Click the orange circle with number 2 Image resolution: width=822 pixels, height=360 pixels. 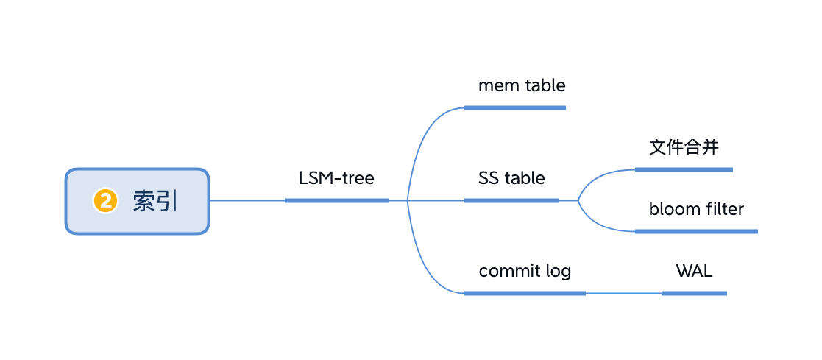coord(105,202)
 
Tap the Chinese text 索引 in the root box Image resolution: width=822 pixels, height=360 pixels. coord(155,202)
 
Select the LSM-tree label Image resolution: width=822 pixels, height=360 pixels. coord(336,178)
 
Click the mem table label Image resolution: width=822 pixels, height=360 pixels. coord(522,85)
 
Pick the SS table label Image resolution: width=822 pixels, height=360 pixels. coord(511,178)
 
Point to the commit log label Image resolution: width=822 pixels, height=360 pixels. coord(525,272)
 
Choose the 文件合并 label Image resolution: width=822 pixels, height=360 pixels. coord(684,147)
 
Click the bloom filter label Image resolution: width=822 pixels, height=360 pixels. coord(696,209)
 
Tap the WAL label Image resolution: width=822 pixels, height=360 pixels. coord(694,272)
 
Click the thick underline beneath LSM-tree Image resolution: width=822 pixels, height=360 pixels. coord(336,200)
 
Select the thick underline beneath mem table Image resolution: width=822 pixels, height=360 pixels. coord(515,107)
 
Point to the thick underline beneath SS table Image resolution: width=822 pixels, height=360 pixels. coord(511,200)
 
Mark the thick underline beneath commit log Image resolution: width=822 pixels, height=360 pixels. coord(525,293)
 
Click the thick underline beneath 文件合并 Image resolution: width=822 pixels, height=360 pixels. coord(684,169)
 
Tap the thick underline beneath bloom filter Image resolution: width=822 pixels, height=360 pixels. coord(696,231)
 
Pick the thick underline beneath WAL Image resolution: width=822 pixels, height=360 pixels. coord(694,293)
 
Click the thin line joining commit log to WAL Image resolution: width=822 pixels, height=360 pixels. coord(624,293)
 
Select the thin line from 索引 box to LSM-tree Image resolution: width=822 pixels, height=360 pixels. coord(247,200)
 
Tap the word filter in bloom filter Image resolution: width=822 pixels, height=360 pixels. coord(725,209)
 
